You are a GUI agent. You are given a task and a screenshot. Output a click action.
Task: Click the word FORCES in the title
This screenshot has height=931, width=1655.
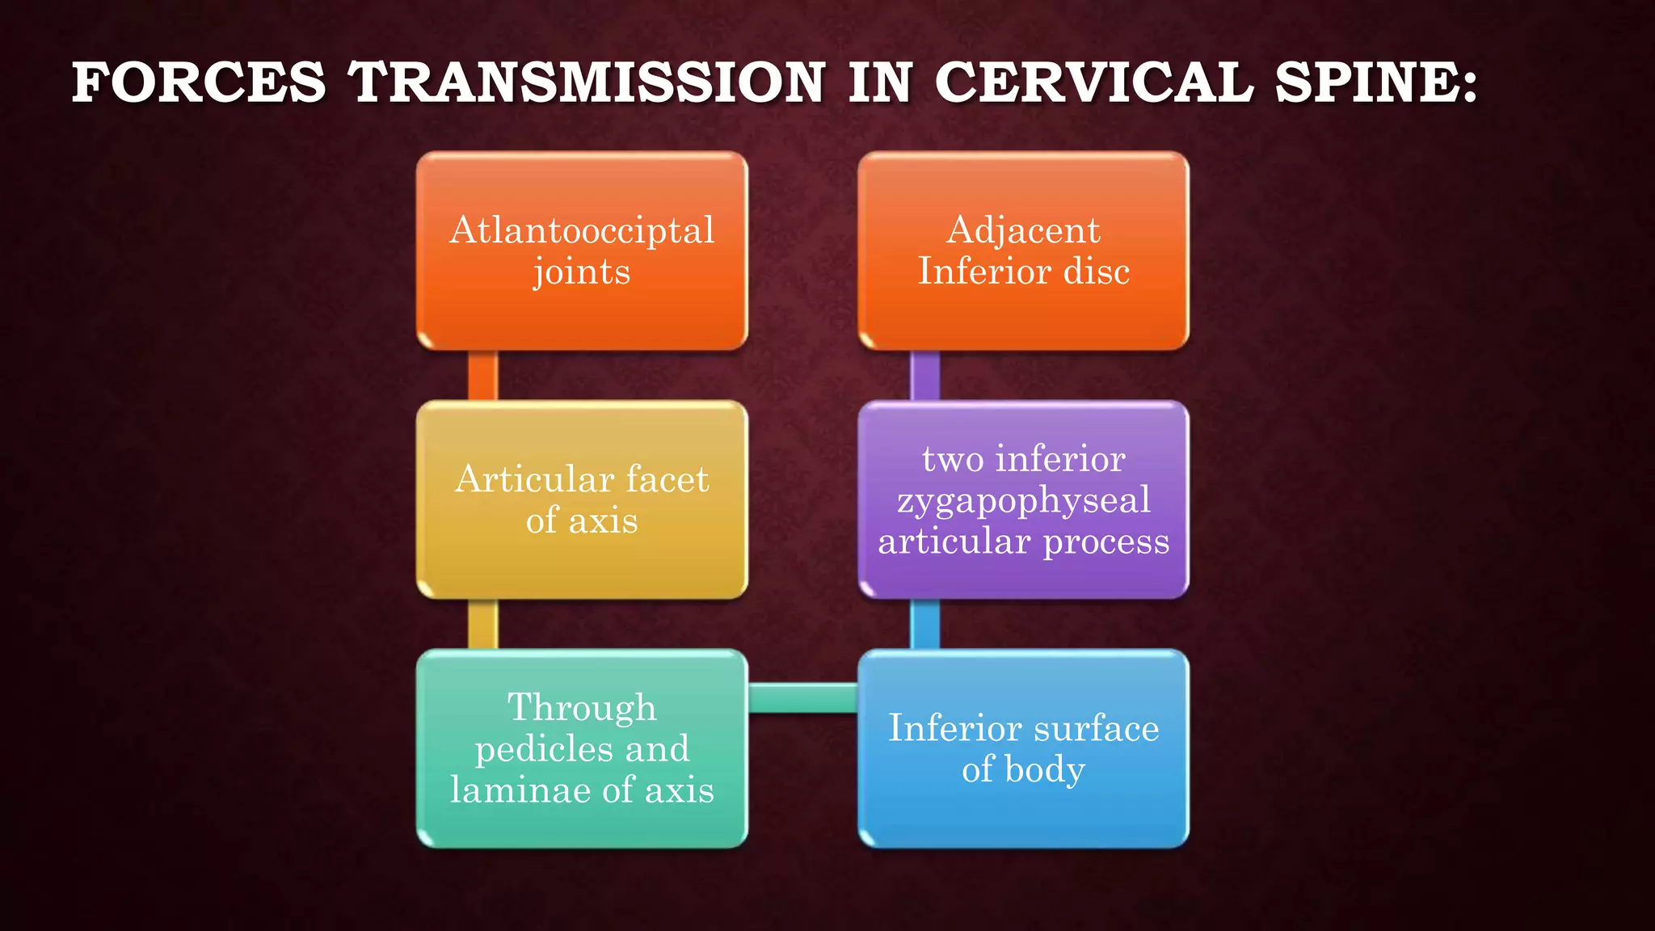click(199, 82)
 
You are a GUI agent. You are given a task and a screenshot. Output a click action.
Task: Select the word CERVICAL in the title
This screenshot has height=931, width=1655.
click(1093, 82)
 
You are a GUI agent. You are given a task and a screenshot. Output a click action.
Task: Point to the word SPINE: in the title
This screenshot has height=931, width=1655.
click(1377, 82)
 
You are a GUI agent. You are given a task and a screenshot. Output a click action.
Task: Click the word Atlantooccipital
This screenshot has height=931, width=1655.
click(582, 230)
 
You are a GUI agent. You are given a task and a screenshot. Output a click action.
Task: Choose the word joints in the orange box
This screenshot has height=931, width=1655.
click(582, 272)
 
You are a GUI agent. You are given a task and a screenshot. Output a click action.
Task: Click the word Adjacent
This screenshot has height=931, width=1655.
click(1023, 230)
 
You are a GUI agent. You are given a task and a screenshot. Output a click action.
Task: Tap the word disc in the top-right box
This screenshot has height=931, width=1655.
click(1097, 272)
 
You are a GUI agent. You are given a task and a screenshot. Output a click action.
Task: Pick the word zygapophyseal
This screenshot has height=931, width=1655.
click(1023, 500)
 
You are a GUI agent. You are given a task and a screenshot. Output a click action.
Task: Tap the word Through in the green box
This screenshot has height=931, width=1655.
click(582, 707)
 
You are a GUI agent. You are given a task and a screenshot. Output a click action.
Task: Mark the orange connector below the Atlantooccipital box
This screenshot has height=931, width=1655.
click(483, 376)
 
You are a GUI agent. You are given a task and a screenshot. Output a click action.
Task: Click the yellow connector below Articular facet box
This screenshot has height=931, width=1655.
click(483, 624)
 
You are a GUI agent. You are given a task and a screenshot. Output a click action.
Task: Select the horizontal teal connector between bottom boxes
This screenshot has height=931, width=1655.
click(802, 698)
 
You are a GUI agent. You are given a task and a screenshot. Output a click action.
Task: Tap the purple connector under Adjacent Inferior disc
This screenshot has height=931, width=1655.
click(924, 376)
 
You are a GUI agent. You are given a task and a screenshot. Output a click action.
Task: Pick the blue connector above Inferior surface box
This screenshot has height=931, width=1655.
click(924, 624)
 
